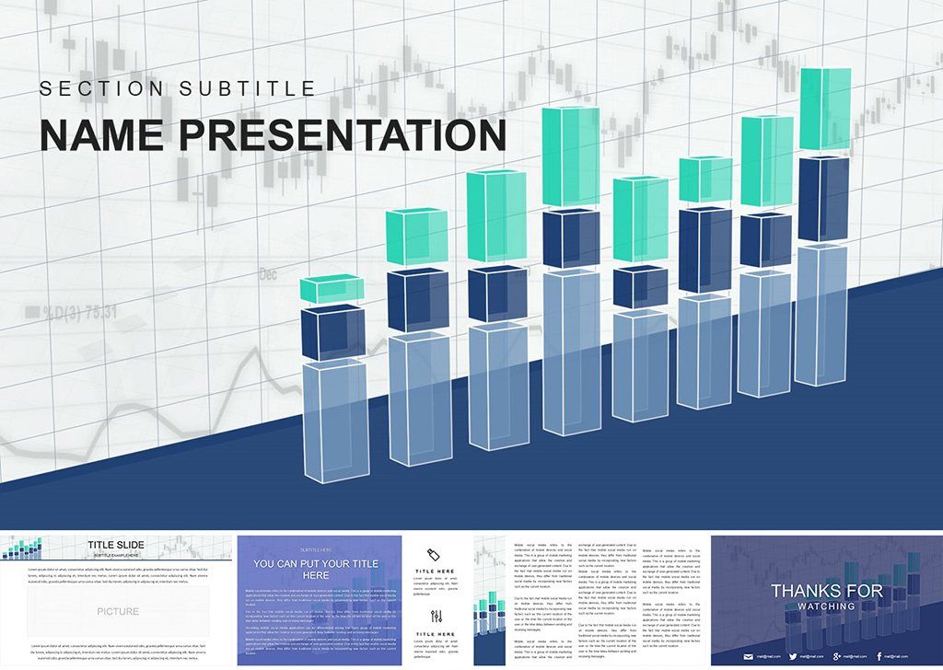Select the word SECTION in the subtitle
[96, 88]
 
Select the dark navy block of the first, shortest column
[332, 333]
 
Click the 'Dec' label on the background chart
[268, 274]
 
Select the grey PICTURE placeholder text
[118, 611]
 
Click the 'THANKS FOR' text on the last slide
[826, 591]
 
